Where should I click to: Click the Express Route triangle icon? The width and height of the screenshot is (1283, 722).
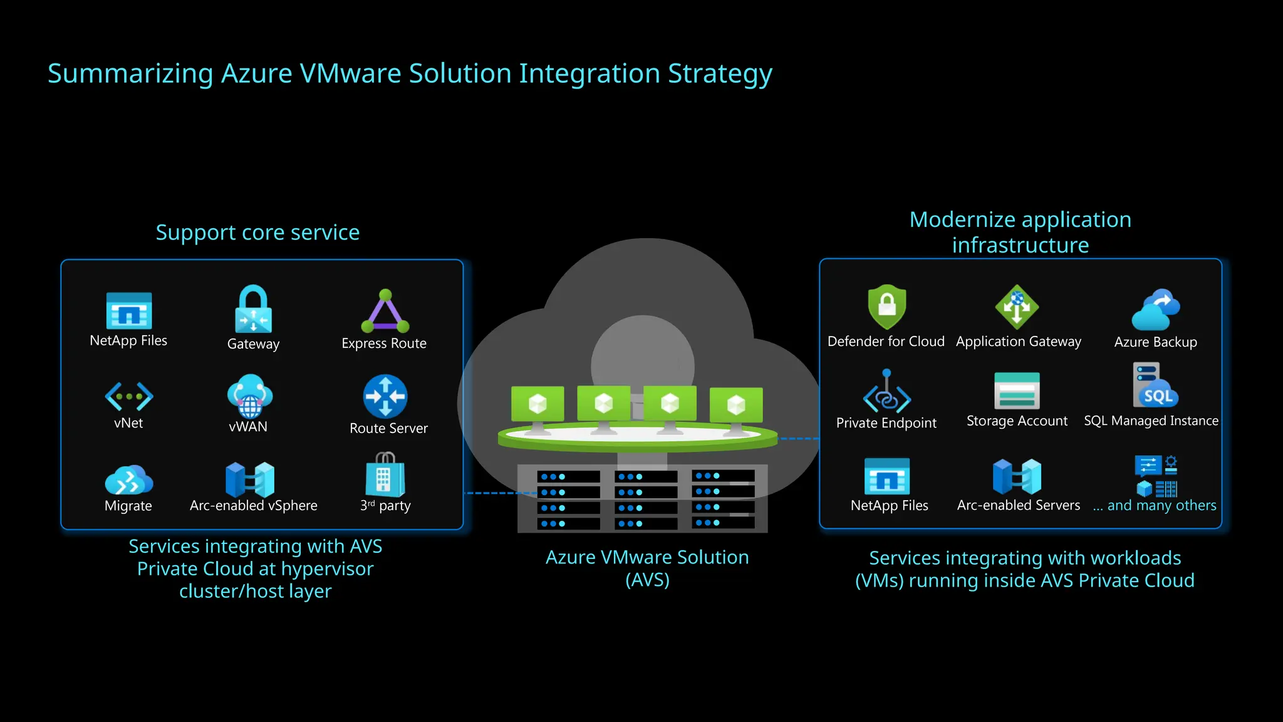coord(385,311)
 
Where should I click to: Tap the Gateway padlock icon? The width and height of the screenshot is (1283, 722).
coord(253,309)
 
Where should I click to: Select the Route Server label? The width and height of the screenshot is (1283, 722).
coord(388,429)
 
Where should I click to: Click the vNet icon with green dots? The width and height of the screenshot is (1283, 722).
coord(129,396)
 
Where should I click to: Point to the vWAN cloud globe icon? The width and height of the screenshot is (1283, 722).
coord(249,395)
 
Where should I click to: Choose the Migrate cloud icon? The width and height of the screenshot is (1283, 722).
coord(129,480)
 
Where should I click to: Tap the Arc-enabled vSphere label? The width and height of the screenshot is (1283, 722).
coord(253,506)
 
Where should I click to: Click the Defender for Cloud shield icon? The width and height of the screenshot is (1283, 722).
coord(886,306)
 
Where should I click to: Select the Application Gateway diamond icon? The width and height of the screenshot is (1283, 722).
coord(1017,306)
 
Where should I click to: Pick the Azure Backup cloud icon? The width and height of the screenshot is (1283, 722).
coord(1156,310)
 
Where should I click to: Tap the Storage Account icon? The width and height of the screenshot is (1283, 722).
coord(1017,390)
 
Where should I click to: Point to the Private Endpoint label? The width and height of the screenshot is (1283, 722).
coord(886,423)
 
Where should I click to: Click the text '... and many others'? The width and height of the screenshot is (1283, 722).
coord(1155,506)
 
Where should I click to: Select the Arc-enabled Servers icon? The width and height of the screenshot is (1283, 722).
coord(1017,477)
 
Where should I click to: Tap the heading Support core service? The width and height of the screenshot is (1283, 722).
coord(257,233)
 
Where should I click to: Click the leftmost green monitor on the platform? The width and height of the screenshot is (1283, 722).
coord(538,405)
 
